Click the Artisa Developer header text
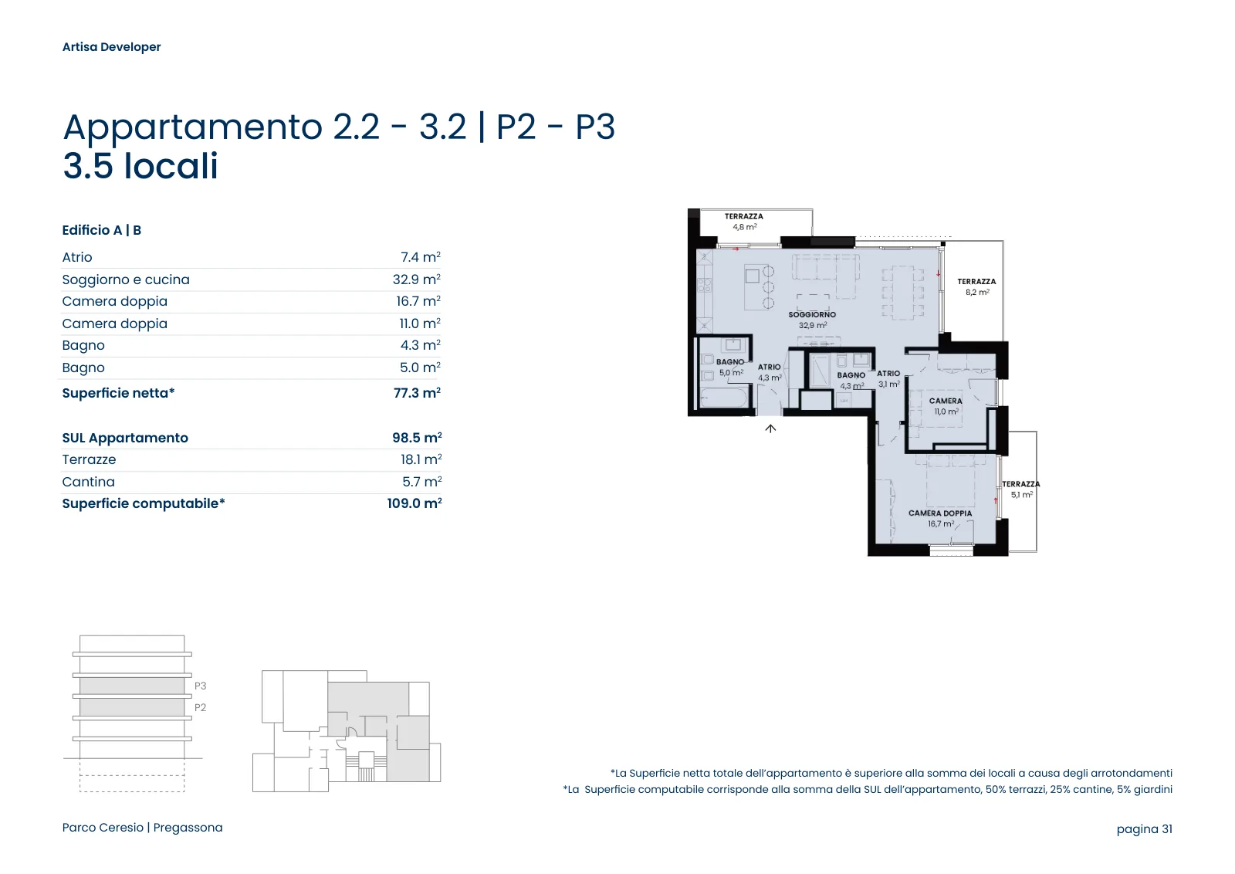pyautogui.click(x=111, y=47)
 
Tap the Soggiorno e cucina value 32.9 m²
pyautogui.click(x=416, y=279)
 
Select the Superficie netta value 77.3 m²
pyautogui.click(x=417, y=393)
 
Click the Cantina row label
pyautogui.click(x=88, y=481)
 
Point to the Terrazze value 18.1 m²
pyautogui.click(x=421, y=459)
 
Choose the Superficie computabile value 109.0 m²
pyautogui.click(x=414, y=503)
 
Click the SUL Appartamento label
pyautogui.click(x=125, y=438)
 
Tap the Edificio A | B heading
pyautogui.click(x=101, y=230)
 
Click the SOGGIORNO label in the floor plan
pyautogui.click(x=812, y=314)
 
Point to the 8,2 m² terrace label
pyautogui.click(x=977, y=293)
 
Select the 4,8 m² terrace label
pyautogui.click(x=744, y=227)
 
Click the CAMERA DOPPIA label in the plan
pyautogui.click(x=940, y=513)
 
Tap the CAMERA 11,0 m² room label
pyautogui.click(x=946, y=406)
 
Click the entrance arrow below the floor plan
pyautogui.click(x=770, y=429)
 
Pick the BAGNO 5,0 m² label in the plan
pyautogui.click(x=730, y=368)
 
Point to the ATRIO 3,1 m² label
pyautogui.click(x=888, y=379)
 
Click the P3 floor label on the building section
pyautogui.click(x=200, y=686)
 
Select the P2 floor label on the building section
pyautogui.click(x=200, y=707)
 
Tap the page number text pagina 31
pyautogui.click(x=1144, y=828)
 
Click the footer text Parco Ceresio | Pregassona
pyautogui.click(x=142, y=828)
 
